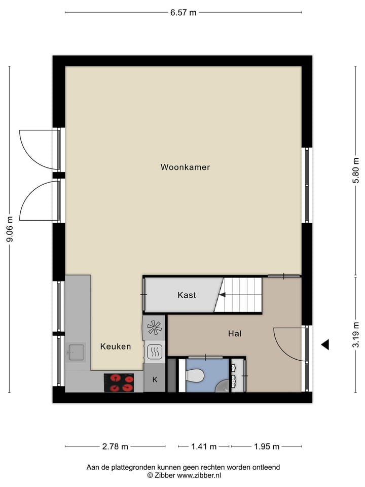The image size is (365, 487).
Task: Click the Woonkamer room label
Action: [185, 167]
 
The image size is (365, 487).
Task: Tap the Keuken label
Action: [116, 346]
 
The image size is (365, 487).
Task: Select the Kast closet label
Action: [187, 295]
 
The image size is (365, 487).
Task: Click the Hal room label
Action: [234, 333]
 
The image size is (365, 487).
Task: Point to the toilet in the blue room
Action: [195, 375]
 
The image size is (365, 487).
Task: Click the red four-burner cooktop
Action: [119, 382]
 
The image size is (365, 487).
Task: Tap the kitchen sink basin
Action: [75, 351]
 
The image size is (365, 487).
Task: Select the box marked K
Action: [155, 379]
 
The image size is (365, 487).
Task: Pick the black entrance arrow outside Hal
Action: [325, 344]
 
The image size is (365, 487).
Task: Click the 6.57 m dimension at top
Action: [183, 13]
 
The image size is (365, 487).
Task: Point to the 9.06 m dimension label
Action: [9, 230]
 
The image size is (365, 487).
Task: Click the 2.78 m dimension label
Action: [115, 447]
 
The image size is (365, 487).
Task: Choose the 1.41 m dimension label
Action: [204, 447]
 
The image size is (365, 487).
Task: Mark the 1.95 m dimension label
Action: [267, 447]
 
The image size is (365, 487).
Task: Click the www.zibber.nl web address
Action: [199, 475]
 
